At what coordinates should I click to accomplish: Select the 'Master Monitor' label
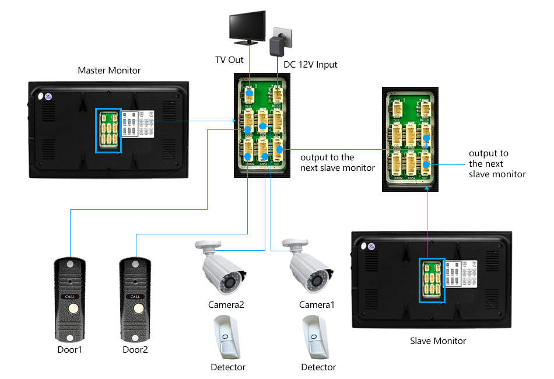click(109, 71)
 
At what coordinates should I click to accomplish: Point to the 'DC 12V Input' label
click(310, 64)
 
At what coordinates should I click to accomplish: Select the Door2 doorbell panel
click(135, 300)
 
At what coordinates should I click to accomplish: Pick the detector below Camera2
click(227, 338)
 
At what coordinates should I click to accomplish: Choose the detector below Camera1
click(318, 338)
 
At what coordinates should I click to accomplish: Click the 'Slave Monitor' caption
click(438, 341)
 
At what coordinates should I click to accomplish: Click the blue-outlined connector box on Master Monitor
click(108, 131)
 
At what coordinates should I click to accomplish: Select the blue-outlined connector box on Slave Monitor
click(432, 280)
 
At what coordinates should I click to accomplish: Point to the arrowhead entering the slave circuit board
click(427, 195)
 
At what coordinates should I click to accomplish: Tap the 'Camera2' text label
click(226, 305)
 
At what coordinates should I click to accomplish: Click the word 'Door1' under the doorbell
click(70, 350)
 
